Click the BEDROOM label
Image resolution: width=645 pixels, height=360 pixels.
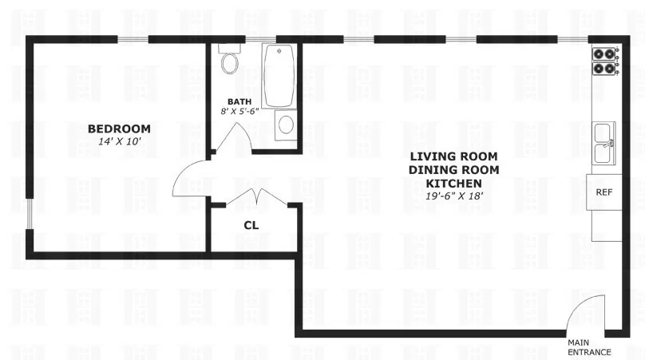click(x=119, y=129)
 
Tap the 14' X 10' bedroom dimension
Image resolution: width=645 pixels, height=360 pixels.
click(x=119, y=141)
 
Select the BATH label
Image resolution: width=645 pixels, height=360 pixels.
click(x=239, y=101)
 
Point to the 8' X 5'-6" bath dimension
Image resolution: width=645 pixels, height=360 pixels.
click(x=239, y=113)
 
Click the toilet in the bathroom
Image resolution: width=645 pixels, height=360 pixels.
click(x=231, y=60)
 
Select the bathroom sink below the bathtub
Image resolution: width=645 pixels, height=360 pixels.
click(x=285, y=125)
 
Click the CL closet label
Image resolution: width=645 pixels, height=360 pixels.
click(x=251, y=225)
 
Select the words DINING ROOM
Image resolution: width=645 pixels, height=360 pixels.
click(x=453, y=170)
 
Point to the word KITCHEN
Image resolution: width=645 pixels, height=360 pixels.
click(x=453, y=184)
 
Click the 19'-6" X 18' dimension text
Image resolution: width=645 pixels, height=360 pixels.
click(x=453, y=196)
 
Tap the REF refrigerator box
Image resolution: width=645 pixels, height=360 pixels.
click(x=604, y=192)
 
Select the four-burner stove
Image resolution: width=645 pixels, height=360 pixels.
click(x=604, y=61)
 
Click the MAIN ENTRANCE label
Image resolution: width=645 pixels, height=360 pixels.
click(x=589, y=347)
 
